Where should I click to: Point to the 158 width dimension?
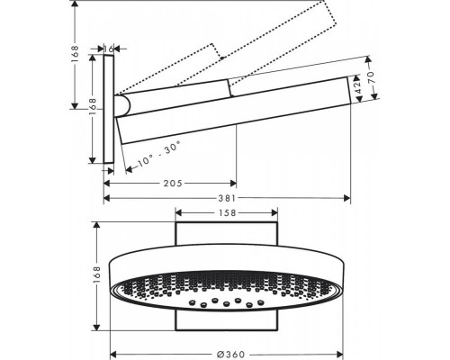(227, 214)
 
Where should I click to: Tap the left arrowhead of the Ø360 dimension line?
(112, 354)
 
